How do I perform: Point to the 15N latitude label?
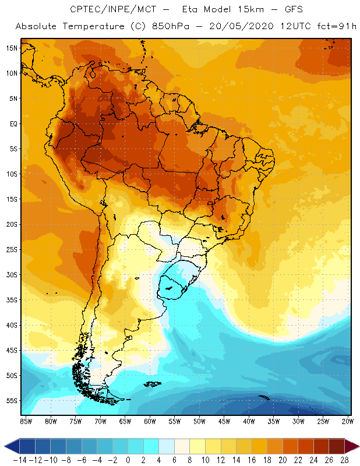(12, 48)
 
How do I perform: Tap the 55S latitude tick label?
(12, 401)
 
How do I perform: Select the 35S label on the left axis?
(12, 300)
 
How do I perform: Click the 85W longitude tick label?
(26, 421)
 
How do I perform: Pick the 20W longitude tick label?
(347, 421)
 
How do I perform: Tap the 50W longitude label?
(199, 421)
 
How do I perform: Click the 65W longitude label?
(125, 421)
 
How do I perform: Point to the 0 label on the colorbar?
(128, 460)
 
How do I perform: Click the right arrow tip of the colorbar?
(356, 446)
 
